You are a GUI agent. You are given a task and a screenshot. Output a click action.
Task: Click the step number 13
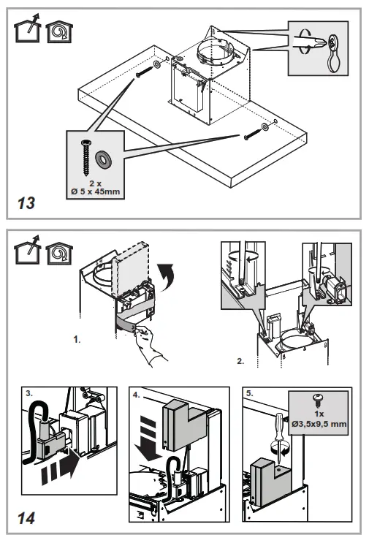(26, 203)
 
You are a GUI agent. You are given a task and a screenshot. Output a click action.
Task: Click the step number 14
(26, 518)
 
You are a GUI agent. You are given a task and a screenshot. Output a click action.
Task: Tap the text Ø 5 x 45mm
(96, 191)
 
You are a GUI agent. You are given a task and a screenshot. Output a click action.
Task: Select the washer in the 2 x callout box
(103, 159)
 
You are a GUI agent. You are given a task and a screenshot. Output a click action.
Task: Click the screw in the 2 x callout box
(85, 157)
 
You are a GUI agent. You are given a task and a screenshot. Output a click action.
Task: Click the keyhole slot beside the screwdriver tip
(333, 53)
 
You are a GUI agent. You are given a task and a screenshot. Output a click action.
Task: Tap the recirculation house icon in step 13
(59, 32)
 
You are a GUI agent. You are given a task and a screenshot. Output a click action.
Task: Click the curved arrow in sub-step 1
(167, 276)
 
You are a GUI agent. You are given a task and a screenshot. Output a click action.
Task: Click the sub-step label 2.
(240, 361)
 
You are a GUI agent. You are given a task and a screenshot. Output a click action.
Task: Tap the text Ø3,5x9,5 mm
(319, 424)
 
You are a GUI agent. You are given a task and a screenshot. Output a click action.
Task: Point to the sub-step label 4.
(137, 395)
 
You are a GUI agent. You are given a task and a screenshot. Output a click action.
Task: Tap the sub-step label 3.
(29, 393)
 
